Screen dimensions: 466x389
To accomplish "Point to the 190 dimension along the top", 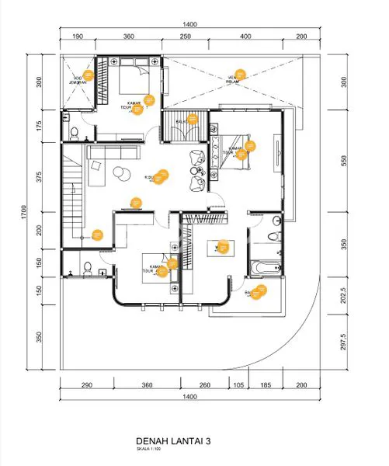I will (78, 37).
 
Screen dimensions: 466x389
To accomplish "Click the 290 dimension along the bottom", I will (87, 384).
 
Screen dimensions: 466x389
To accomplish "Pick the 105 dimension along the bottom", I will (239, 384).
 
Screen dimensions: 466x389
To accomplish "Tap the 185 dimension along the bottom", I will (266, 384).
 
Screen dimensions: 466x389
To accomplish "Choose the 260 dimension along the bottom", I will (205, 384).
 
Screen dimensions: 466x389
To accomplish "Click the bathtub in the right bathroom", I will (265, 267).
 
